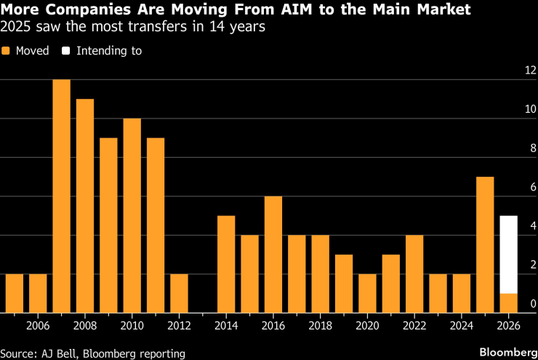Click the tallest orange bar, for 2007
tap(61, 196)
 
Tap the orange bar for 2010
tap(132, 216)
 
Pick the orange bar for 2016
tap(273, 255)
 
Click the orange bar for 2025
tap(485, 245)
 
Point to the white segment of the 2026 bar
tap(509, 255)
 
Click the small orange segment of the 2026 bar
tap(509, 303)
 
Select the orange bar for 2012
tap(179, 294)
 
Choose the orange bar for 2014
tap(226, 265)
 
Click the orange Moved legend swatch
tap(6, 51)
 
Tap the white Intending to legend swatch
tap(65, 51)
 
